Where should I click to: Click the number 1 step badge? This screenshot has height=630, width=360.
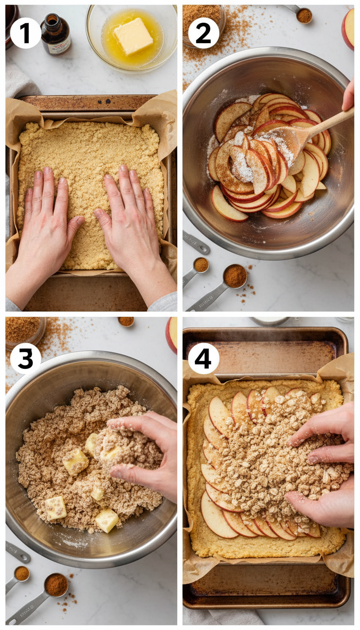pyautogui.click(x=25, y=33)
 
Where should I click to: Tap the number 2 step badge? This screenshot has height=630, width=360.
pyautogui.click(x=203, y=33)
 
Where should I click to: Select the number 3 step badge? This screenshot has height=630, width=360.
pyautogui.click(x=25, y=359)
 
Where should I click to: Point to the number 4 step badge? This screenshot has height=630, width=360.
pyautogui.click(x=203, y=359)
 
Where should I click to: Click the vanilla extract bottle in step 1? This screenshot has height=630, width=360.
pyautogui.click(x=55, y=34)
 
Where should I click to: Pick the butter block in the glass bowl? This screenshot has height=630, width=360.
pyautogui.click(x=133, y=36)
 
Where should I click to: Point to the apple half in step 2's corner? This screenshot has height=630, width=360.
pyautogui.click(x=348, y=28)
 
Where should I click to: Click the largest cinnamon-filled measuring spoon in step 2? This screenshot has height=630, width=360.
pyautogui.click(x=234, y=276)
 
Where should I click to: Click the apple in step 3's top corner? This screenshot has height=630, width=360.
pyautogui.click(x=172, y=334)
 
